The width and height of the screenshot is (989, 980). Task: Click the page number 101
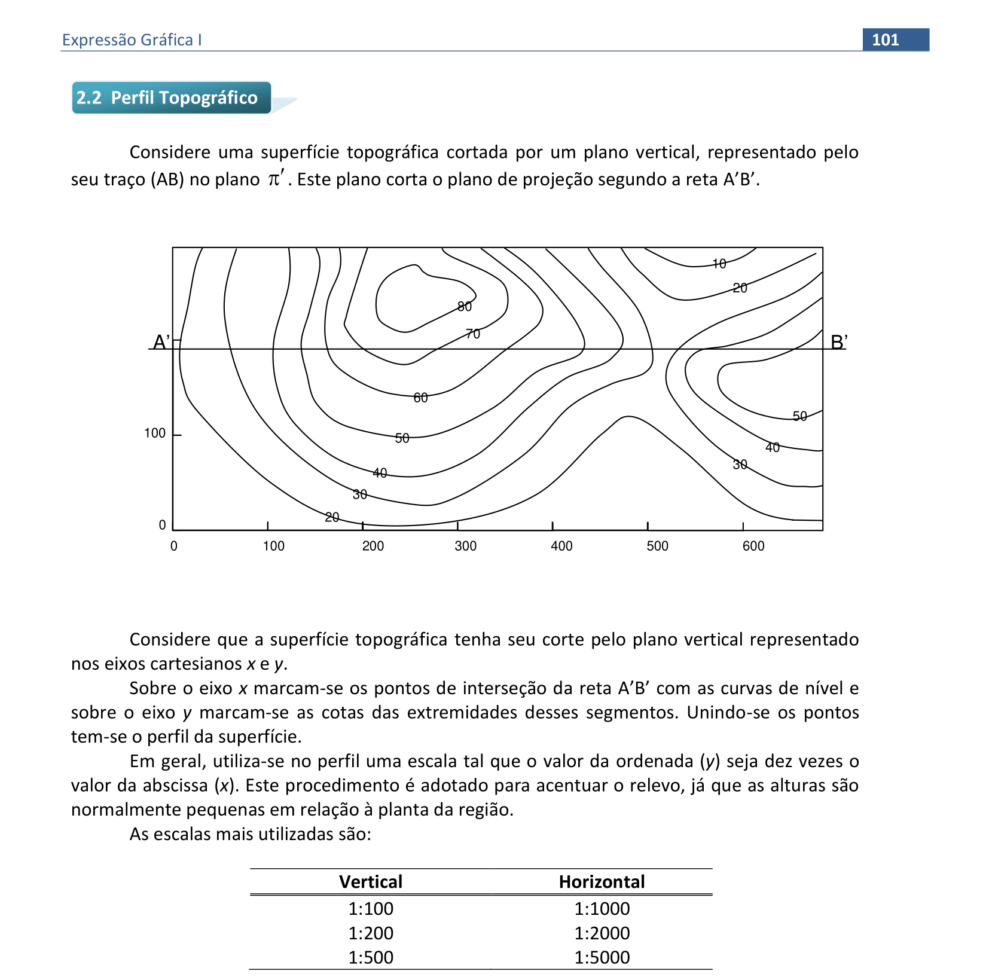(885, 40)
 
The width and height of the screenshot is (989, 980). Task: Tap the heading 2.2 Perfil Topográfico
(167, 97)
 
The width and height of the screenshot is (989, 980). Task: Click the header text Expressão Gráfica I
(132, 40)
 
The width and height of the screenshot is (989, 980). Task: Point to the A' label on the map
(161, 342)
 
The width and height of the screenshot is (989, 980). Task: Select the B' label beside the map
(839, 342)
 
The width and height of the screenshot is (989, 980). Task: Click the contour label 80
(465, 307)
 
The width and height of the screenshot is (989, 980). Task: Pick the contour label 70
(473, 334)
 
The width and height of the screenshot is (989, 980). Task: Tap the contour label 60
(421, 398)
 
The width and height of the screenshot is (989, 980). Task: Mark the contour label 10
(719, 264)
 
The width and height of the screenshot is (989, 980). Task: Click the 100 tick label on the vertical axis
(155, 433)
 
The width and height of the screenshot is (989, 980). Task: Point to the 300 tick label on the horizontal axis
(466, 546)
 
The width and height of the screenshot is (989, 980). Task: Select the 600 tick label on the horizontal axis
(753, 546)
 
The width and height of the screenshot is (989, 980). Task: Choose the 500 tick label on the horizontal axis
(657, 546)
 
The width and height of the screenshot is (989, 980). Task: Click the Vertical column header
(371, 882)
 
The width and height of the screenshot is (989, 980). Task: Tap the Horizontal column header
(602, 882)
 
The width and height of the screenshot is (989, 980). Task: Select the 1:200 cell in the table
(371, 933)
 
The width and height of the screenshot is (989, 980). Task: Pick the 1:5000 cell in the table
(602, 957)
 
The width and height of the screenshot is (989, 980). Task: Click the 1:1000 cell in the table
(602, 909)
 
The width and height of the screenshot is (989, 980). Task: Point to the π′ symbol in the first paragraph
(276, 178)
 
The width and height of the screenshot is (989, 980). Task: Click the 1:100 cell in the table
(371, 909)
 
